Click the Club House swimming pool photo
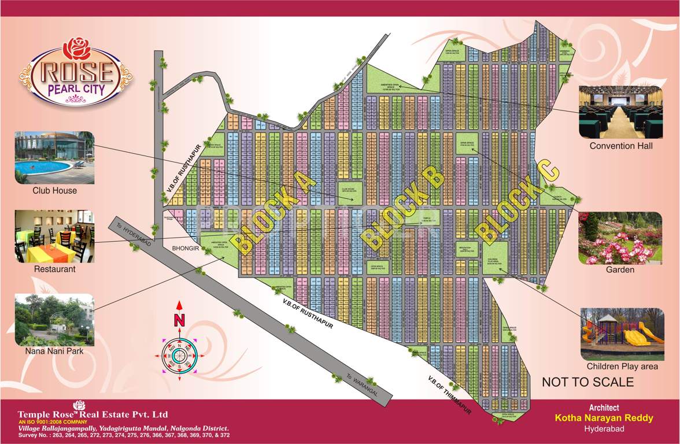tap(54, 157)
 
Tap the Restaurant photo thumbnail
tap(54, 236)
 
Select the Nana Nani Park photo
tap(54, 318)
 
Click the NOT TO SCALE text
tap(587, 382)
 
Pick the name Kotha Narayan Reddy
tap(604, 418)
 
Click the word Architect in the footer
tap(604, 408)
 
